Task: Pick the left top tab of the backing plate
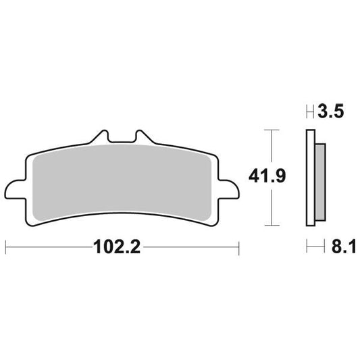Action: click(x=103, y=136)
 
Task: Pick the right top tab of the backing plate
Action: click(x=141, y=136)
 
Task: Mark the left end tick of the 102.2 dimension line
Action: click(x=6, y=247)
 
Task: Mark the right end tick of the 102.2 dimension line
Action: click(x=238, y=247)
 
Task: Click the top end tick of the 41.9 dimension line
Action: click(x=271, y=128)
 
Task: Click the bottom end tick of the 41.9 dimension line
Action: click(x=271, y=225)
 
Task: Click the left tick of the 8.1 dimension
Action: click(x=307, y=247)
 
